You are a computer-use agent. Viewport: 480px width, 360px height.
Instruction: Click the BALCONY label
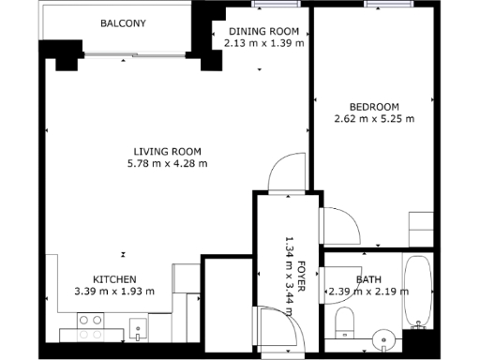123,23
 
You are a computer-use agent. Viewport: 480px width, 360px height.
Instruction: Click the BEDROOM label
373,107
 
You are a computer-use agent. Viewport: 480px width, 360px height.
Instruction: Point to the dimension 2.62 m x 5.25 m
373,119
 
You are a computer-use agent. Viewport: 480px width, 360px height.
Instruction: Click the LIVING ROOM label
168,152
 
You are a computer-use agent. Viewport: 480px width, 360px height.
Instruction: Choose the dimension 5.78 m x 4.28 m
168,164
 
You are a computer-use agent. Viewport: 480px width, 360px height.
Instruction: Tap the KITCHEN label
114,279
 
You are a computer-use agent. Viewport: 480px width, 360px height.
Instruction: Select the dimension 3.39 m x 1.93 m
114,292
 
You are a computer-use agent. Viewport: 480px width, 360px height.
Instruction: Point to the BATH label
368,279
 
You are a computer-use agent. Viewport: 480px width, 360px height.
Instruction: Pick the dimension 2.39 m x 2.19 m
368,292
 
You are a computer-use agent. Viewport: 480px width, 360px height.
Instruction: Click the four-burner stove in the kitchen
90,326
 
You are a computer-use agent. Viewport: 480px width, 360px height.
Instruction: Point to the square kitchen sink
138,329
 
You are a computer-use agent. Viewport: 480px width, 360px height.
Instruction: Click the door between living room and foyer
285,175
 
